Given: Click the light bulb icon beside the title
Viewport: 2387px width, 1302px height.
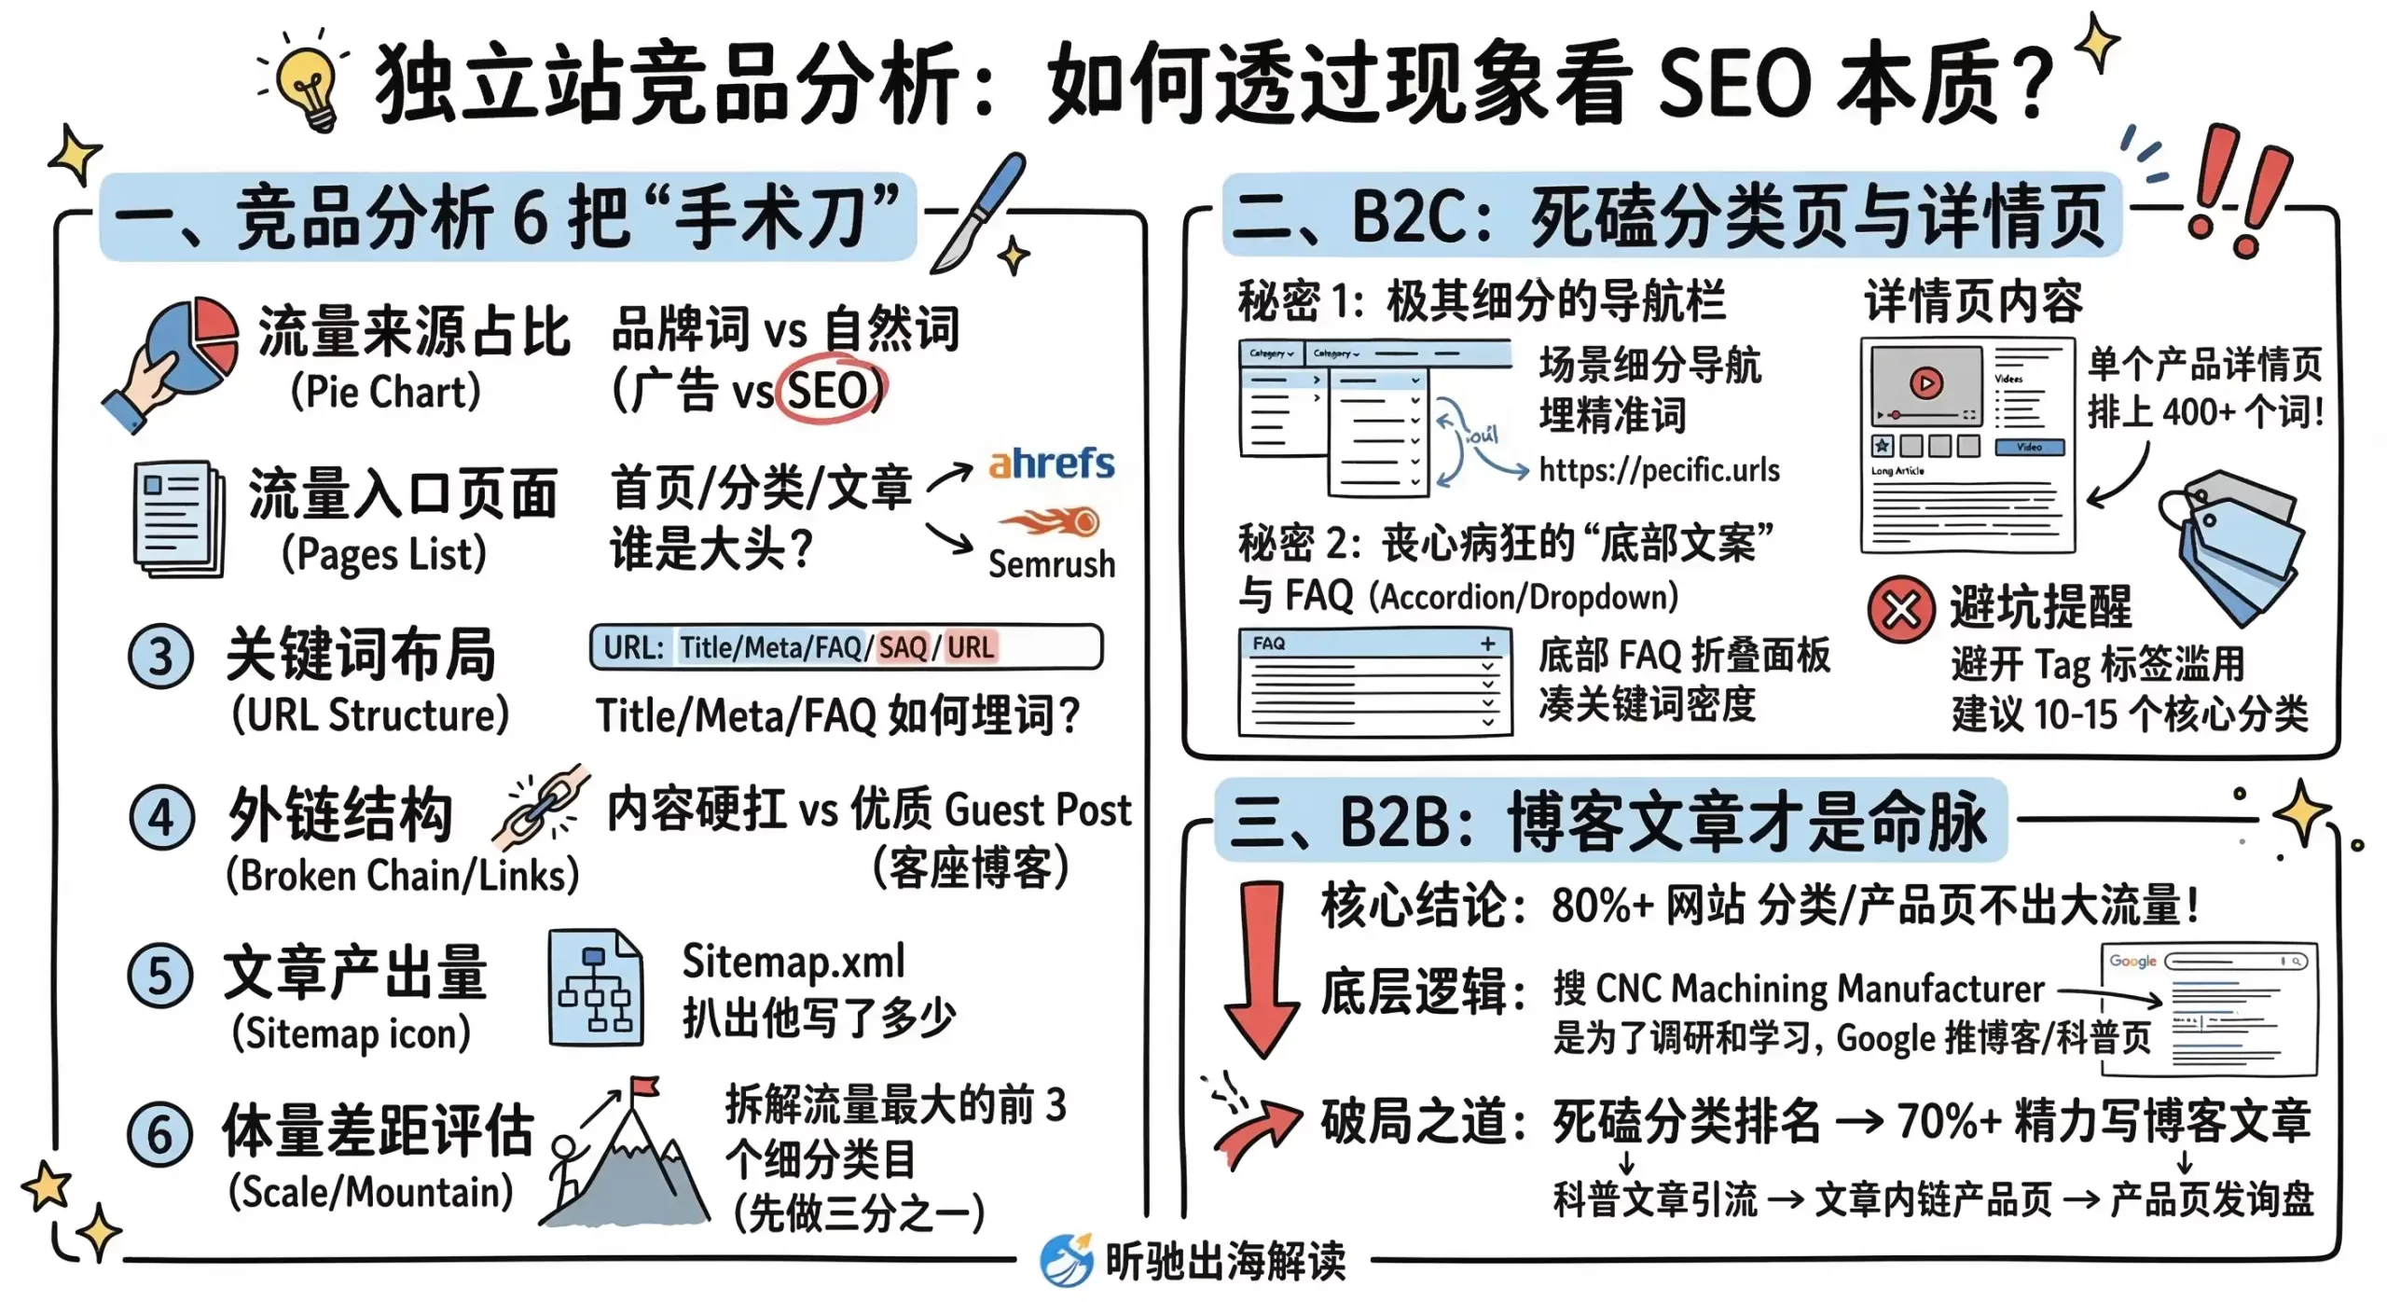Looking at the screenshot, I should point(308,82).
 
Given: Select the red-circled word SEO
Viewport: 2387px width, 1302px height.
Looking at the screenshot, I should point(828,390).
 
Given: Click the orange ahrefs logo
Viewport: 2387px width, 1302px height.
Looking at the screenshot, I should point(1051,464).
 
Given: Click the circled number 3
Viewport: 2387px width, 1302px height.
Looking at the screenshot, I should point(160,657).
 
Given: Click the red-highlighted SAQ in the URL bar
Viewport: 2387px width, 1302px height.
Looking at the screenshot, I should point(902,647).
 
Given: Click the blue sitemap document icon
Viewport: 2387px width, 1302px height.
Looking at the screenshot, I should point(595,987).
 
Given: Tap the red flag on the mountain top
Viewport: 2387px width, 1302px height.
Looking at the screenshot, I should point(643,1088).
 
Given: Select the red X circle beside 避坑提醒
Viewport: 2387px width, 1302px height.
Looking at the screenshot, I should point(1900,611).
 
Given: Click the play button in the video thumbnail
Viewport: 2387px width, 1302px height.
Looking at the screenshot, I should point(1925,383).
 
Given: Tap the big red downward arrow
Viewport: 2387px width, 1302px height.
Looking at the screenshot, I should point(1262,970).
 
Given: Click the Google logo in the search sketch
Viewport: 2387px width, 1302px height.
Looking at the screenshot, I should point(2132,961).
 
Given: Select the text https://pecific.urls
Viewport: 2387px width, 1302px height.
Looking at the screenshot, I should point(1659,470).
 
